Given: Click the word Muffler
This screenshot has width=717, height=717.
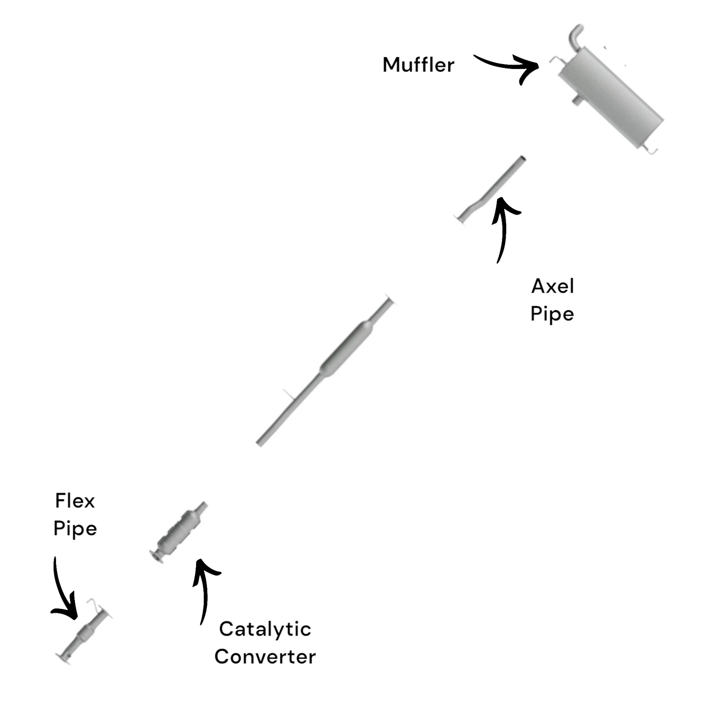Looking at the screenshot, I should [x=418, y=65].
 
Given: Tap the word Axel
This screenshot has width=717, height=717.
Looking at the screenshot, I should [x=552, y=286].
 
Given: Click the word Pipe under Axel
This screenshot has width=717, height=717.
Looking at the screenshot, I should [x=552, y=314].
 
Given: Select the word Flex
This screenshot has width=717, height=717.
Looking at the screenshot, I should [x=74, y=501].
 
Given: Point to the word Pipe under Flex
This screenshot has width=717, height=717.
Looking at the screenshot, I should [x=75, y=528].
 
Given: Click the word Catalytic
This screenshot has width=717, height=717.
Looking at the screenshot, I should [x=265, y=630].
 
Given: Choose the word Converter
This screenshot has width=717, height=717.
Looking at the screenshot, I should [x=265, y=657].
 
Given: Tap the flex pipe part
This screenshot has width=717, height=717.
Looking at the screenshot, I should [x=84, y=635].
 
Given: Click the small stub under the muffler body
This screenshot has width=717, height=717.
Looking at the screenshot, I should [x=577, y=100].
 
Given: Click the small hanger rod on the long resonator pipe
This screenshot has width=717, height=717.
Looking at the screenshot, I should [x=288, y=394].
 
